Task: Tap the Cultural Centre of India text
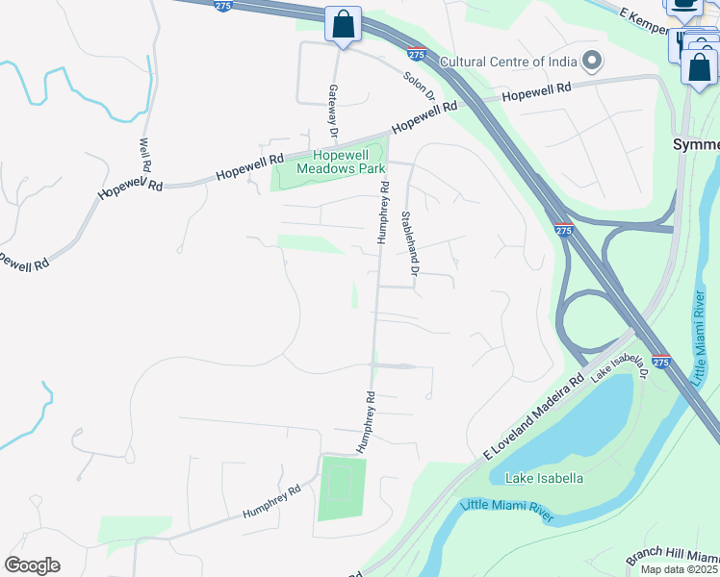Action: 508,63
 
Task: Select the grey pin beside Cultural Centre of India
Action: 592,62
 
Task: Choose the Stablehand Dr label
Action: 411,244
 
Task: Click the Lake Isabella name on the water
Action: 536,477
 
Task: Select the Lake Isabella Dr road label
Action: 617,364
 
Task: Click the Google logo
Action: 32,565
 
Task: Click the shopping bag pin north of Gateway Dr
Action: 343,24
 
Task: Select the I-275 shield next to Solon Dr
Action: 416,54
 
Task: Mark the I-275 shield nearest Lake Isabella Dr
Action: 660,362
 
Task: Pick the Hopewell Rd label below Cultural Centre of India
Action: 536,90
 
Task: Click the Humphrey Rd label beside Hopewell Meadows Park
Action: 383,212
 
